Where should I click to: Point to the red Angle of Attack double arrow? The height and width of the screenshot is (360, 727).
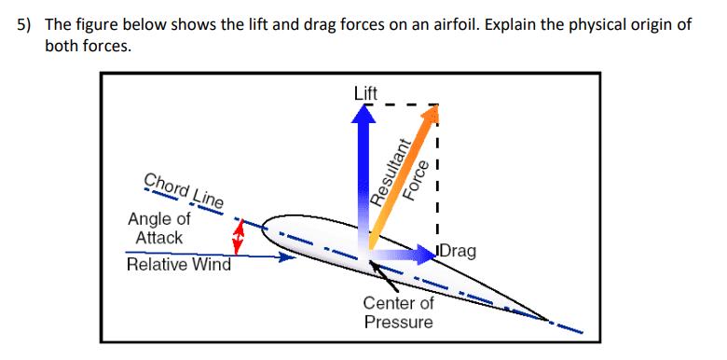point(239,236)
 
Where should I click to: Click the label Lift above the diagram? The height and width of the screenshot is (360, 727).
point(365,92)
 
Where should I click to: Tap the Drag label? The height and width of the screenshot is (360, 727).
point(458,251)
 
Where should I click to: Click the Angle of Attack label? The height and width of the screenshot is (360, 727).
point(158,228)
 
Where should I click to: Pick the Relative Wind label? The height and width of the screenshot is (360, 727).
point(178,264)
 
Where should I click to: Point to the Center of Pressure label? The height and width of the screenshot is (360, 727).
point(398,312)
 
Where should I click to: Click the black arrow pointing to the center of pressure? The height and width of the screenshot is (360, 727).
point(387,279)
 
